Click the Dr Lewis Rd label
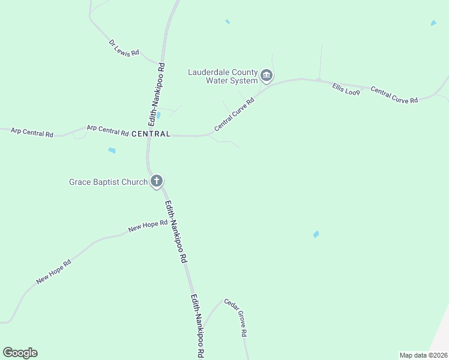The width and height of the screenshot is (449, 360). pos(124,48)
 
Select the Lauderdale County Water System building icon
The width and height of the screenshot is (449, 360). pos(267,76)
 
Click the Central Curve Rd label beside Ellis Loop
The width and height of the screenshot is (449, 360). pos(394,95)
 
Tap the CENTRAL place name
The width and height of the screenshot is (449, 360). pos(151,133)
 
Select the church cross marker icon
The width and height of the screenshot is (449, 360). pos(157,181)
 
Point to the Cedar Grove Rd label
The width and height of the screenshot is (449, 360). pos(236,317)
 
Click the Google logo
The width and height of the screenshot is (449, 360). pos(20,353)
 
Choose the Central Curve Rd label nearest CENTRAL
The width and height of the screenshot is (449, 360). pos(235,116)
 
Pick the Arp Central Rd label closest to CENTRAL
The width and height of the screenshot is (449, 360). pos(107,130)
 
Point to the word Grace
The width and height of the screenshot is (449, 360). pos(80,181)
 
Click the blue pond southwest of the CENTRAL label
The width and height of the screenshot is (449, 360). pos(112,151)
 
